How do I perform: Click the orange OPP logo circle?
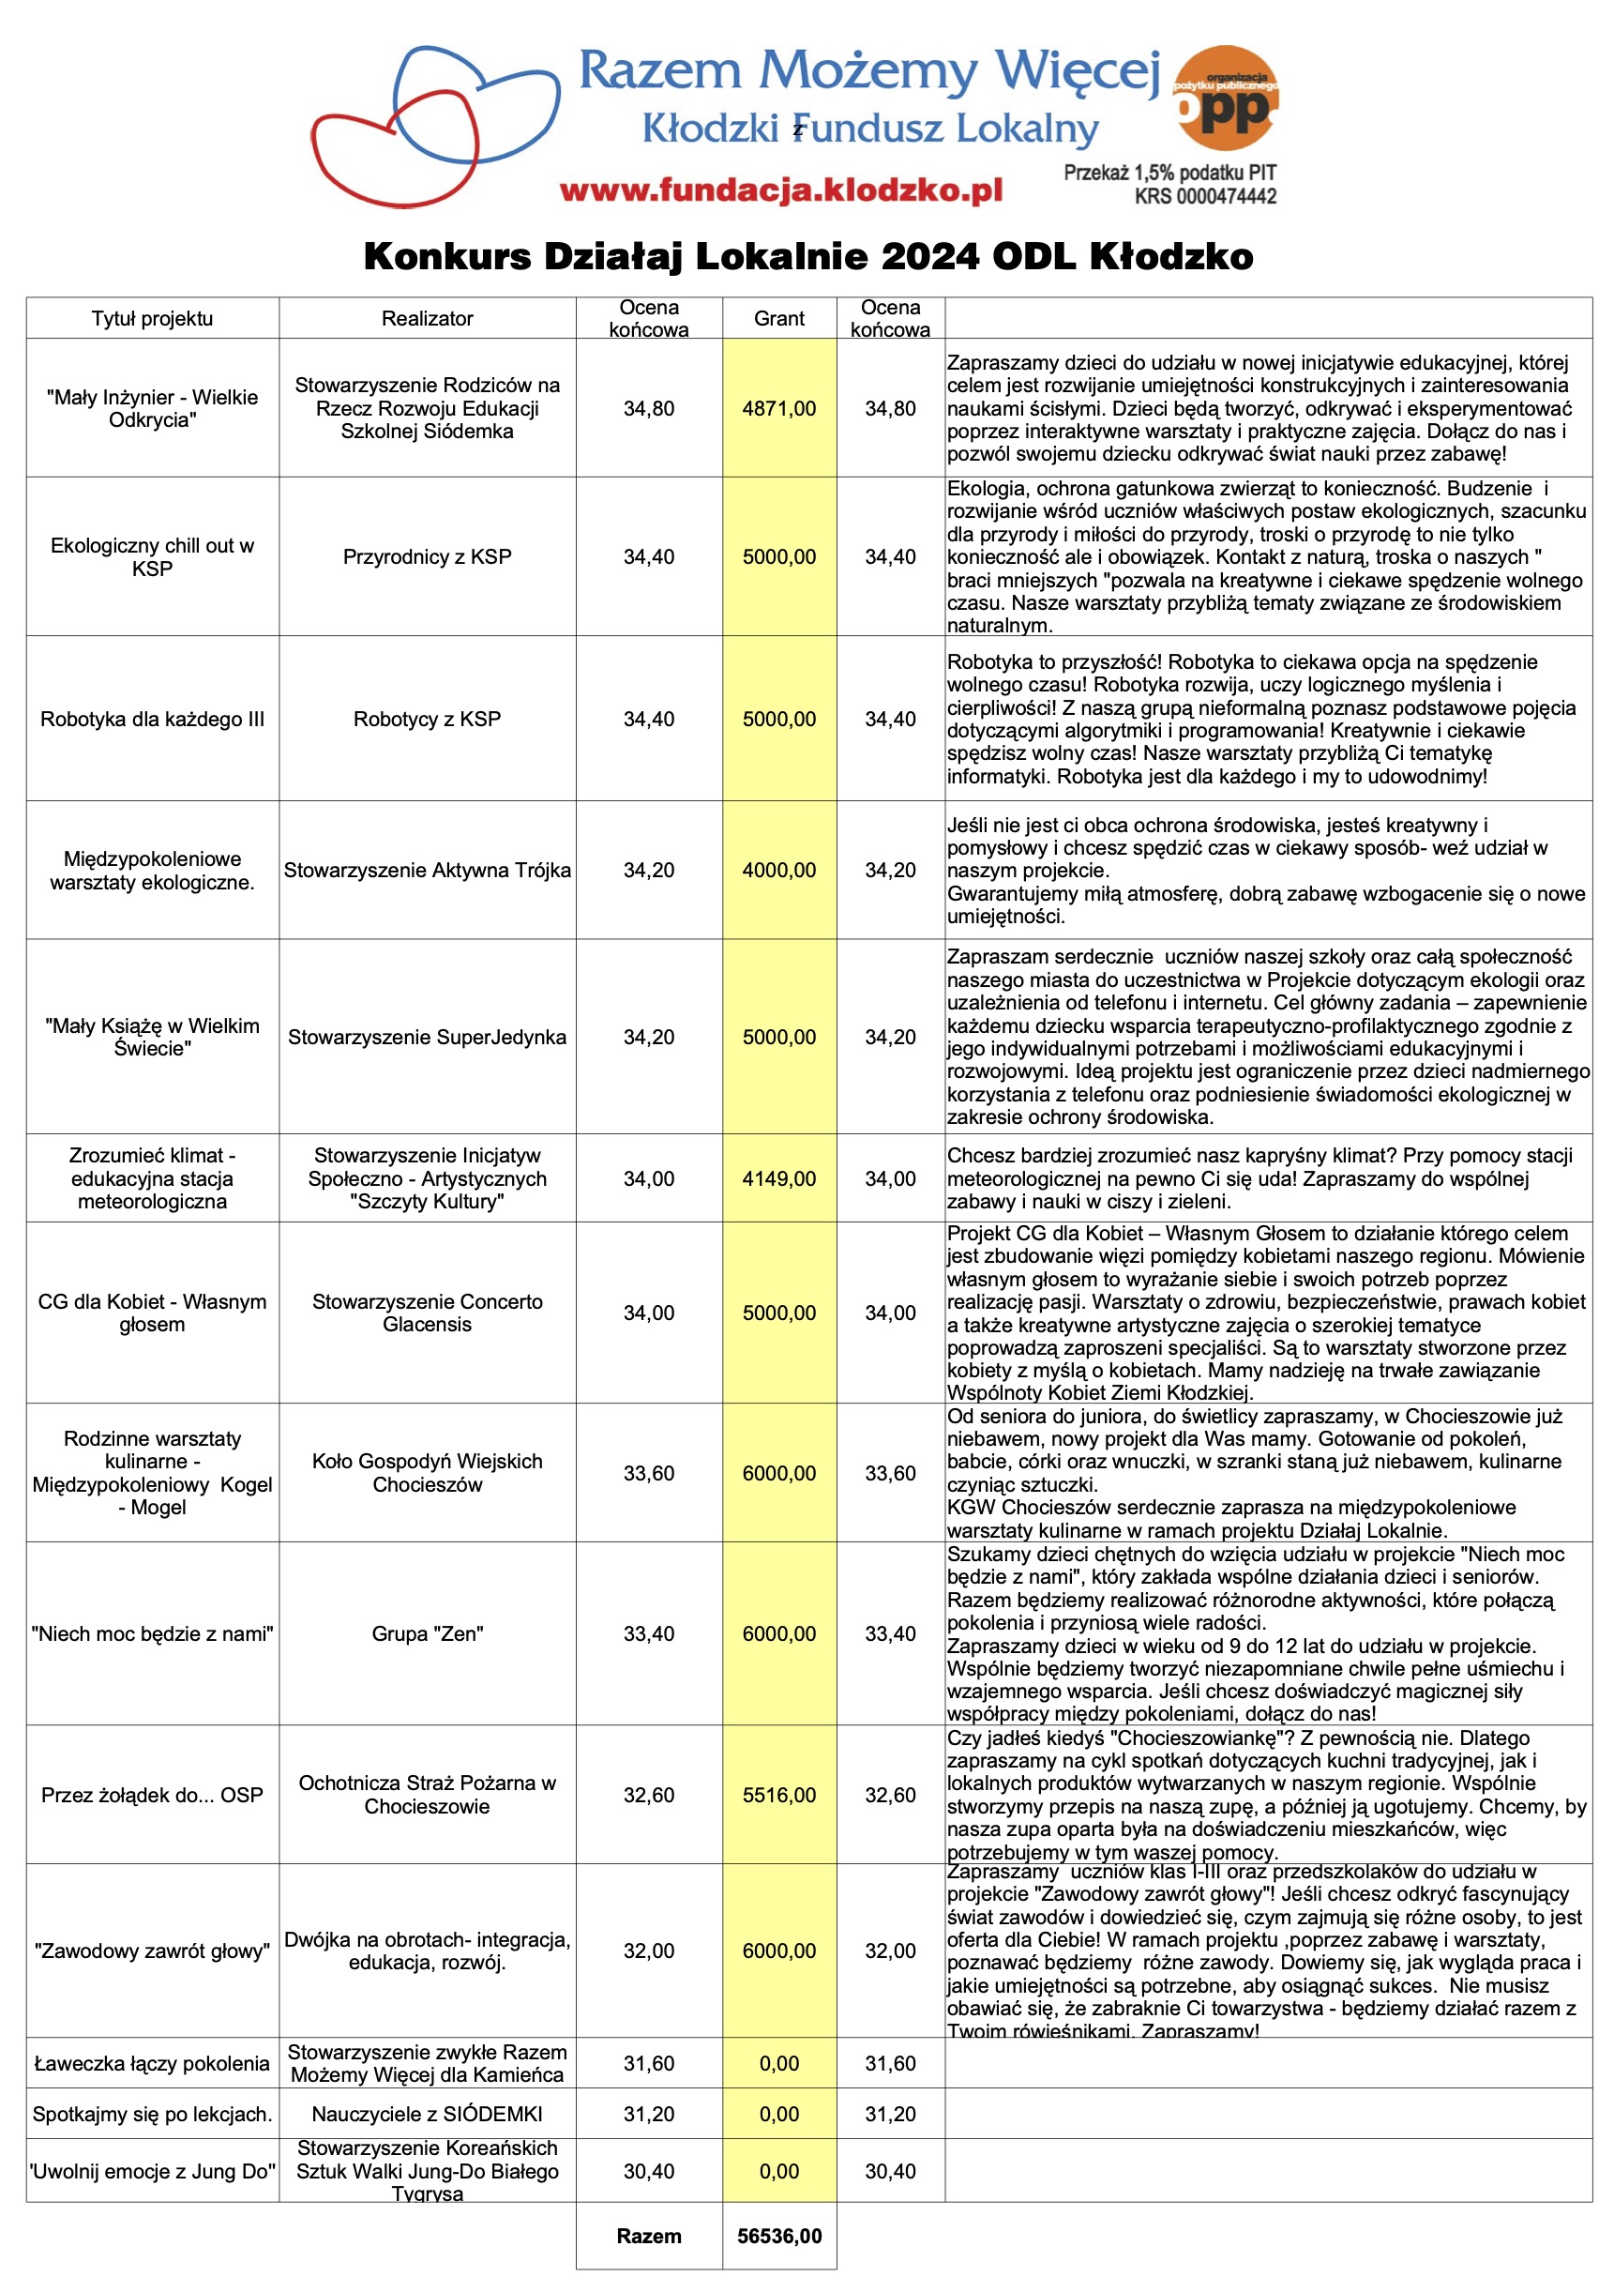[x=1226, y=98]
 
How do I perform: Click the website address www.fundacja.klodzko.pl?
[x=780, y=190]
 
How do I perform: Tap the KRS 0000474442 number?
[x=1205, y=197]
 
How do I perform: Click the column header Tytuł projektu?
[x=152, y=318]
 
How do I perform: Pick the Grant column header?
[x=778, y=318]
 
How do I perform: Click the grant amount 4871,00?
[x=778, y=408]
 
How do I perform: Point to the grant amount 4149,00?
[x=778, y=1179]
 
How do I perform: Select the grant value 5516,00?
[x=778, y=1795]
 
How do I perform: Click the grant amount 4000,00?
[x=778, y=871]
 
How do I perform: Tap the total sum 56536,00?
[x=778, y=2236]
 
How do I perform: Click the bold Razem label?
[x=649, y=2236]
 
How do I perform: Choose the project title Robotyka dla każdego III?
[x=152, y=720]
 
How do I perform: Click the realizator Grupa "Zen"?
[x=428, y=1634]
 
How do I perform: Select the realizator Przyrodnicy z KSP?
[x=428, y=557]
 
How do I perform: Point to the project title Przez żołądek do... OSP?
[x=152, y=1795]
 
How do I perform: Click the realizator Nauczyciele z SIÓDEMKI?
[x=428, y=2114]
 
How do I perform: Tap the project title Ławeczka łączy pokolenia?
[x=152, y=2063]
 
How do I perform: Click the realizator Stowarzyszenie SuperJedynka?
[x=428, y=1038]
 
